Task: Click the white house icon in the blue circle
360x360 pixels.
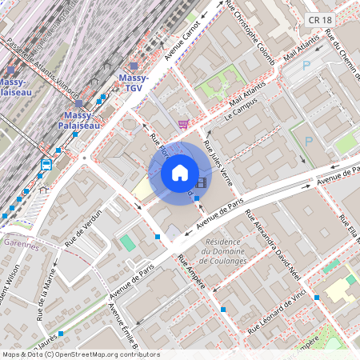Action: [x=180, y=172]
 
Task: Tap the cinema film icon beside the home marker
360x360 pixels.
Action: [x=201, y=182]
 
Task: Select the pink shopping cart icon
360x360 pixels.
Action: [x=184, y=124]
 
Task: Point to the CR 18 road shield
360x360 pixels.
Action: [x=314, y=7]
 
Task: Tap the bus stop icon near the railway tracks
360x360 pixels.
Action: [x=46, y=165]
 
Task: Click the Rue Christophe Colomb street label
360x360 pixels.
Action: [x=250, y=32]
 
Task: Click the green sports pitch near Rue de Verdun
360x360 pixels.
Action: [x=127, y=242]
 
